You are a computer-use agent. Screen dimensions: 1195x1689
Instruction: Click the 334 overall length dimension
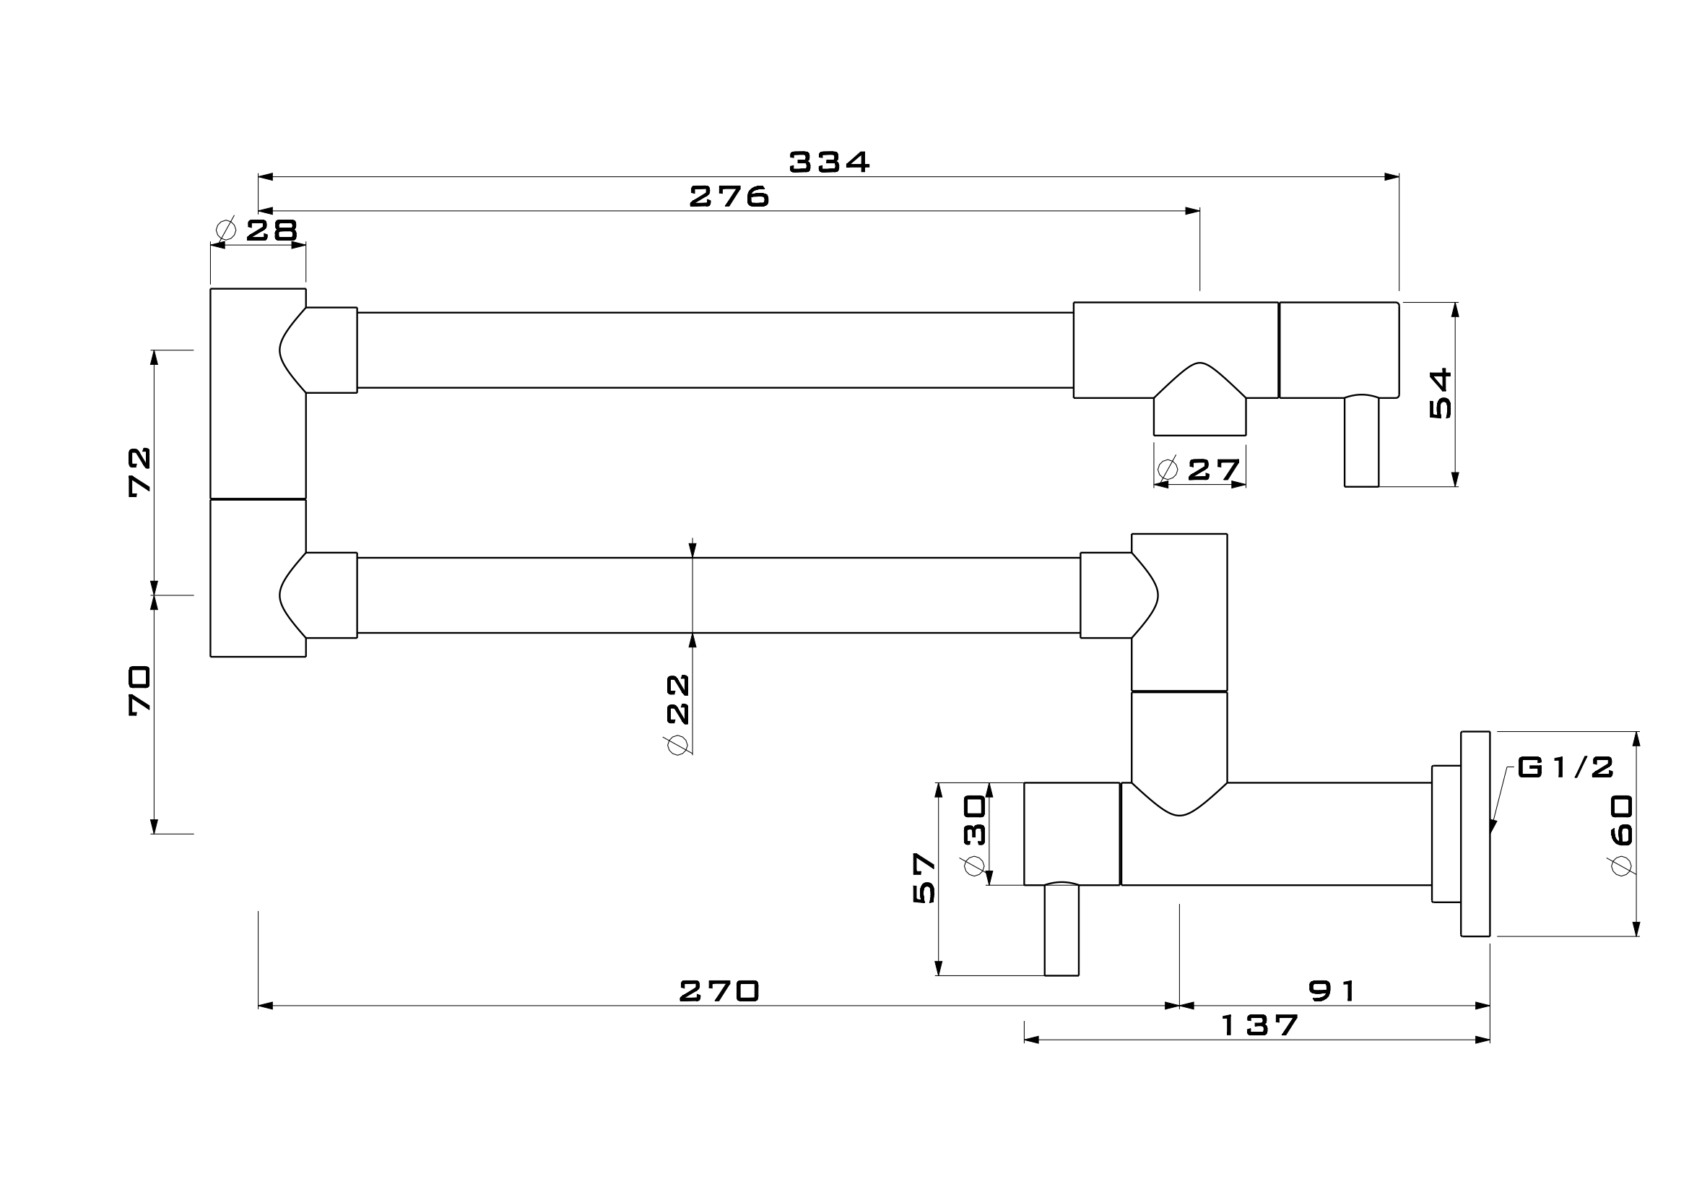(829, 162)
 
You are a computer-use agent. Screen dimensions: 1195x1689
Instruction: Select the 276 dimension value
(729, 197)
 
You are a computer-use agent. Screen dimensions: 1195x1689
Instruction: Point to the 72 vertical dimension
(140, 472)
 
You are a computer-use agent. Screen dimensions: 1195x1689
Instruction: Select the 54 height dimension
(1441, 394)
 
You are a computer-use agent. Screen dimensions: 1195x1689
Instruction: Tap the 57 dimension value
(924, 878)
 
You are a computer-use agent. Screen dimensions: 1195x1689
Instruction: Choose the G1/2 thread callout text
(1566, 767)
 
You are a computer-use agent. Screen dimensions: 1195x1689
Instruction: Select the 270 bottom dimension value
(718, 991)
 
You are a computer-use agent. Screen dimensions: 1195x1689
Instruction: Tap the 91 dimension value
(1332, 991)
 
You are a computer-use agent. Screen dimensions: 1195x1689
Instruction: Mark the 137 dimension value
(1259, 1025)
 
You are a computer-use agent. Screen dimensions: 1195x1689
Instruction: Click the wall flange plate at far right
(1475, 834)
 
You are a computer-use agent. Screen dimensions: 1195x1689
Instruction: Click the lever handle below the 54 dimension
(1361, 441)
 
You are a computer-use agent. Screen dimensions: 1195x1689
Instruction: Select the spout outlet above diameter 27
(1199, 415)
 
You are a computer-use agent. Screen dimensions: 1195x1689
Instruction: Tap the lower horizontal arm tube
(718, 595)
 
